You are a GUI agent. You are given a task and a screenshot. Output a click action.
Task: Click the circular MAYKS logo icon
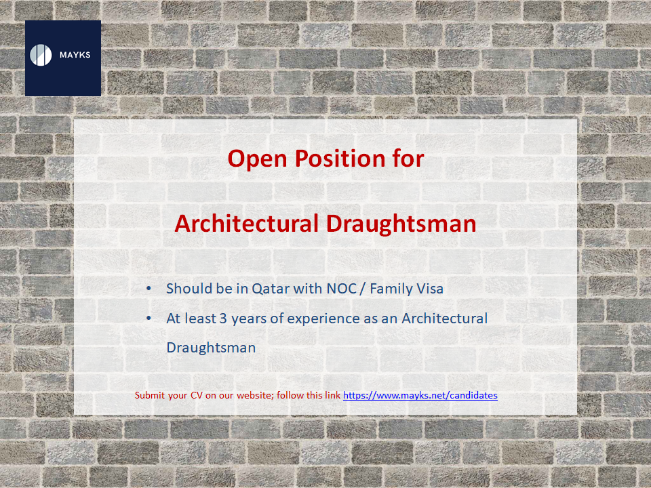tap(41, 55)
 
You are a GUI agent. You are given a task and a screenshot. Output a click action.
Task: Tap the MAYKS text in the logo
tap(75, 55)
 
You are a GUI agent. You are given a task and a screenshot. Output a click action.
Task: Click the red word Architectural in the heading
tap(247, 223)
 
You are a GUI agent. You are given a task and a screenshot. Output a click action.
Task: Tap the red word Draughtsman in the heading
tap(401, 224)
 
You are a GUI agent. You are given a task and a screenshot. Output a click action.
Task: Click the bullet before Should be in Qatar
tap(149, 289)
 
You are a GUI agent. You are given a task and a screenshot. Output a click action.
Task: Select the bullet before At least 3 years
tap(149, 319)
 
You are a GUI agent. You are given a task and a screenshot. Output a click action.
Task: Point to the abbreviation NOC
tap(342, 289)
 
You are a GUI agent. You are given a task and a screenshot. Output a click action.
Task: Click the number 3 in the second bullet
tap(223, 319)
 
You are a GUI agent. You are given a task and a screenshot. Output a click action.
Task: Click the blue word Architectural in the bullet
tap(444, 319)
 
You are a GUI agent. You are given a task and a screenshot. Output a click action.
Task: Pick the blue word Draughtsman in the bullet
tap(211, 348)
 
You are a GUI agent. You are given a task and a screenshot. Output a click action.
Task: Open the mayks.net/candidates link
tap(420, 395)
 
